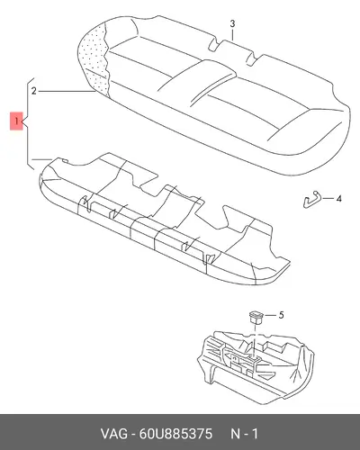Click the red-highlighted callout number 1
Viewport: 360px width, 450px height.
[16, 121]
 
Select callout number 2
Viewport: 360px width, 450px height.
[34, 91]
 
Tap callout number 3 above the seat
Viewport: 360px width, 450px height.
[232, 23]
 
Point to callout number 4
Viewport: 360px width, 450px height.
[338, 199]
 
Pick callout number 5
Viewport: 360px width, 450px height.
[281, 315]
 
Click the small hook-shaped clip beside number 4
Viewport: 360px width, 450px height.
[311, 200]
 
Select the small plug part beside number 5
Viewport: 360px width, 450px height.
[256, 318]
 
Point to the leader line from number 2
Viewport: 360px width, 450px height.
[67, 91]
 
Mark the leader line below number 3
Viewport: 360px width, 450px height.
[232, 35]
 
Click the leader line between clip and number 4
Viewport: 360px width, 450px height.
[328, 199]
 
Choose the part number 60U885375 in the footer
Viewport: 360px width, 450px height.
[175, 434]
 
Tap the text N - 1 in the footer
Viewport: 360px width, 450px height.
[244, 434]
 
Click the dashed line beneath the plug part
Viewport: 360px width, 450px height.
[255, 339]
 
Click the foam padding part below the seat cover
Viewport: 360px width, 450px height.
[164, 219]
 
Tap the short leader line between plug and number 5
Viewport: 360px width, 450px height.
[270, 316]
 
